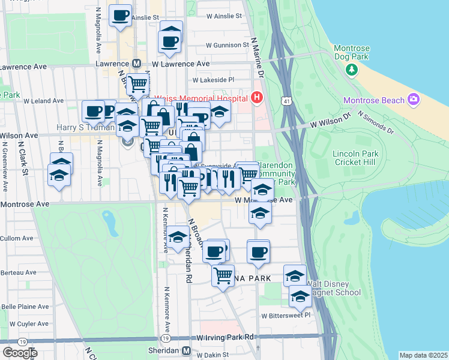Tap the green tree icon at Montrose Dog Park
click(x=352, y=71)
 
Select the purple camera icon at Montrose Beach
click(x=413, y=99)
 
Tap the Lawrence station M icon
click(x=136, y=63)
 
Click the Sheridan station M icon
click(x=187, y=350)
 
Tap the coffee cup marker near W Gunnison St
click(x=170, y=40)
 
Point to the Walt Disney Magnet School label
click(x=333, y=288)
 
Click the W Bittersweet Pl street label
click(x=285, y=314)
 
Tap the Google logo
click(x=20, y=352)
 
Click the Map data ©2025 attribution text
click(x=424, y=355)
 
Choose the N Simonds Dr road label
click(x=375, y=121)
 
